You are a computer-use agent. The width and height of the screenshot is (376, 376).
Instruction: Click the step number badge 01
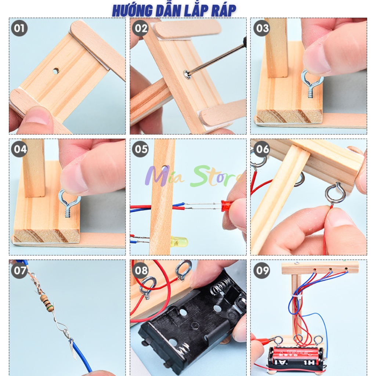tap(19, 28)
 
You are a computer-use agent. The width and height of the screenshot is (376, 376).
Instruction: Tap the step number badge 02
tap(140, 28)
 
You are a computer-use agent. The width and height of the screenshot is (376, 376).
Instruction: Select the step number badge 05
tap(140, 149)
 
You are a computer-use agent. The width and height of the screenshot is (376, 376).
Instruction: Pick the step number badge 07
tap(19, 271)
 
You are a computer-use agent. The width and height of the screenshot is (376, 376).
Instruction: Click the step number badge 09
tap(261, 271)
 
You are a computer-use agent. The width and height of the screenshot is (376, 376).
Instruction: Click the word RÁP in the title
tap(223, 11)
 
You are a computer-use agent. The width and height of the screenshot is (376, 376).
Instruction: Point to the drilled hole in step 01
tap(55, 70)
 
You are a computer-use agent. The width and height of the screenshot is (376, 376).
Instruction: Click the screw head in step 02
tap(188, 75)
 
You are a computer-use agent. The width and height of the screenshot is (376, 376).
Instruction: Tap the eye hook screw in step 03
tap(312, 83)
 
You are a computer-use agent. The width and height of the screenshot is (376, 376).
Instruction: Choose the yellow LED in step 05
tap(179, 241)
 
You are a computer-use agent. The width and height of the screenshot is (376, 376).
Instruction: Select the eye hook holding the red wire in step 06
tap(335, 194)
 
